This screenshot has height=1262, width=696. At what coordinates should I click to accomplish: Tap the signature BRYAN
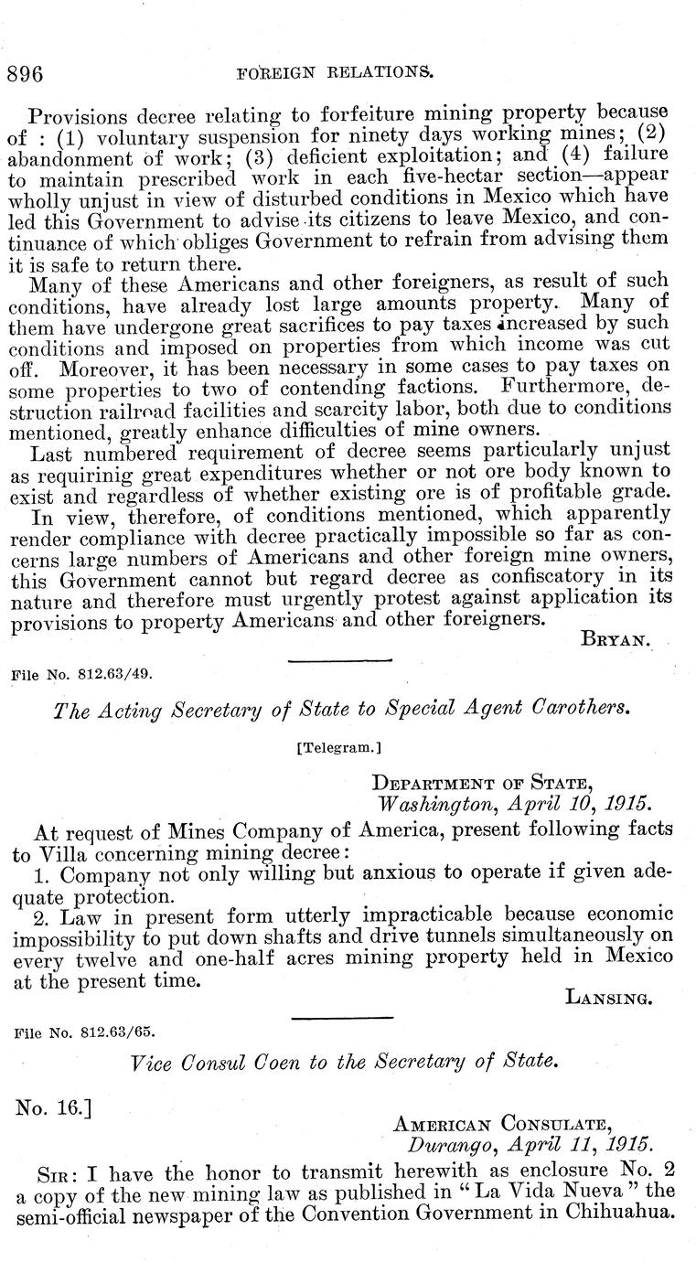click(x=616, y=640)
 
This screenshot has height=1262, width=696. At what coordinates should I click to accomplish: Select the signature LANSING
click(x=609, y=999)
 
